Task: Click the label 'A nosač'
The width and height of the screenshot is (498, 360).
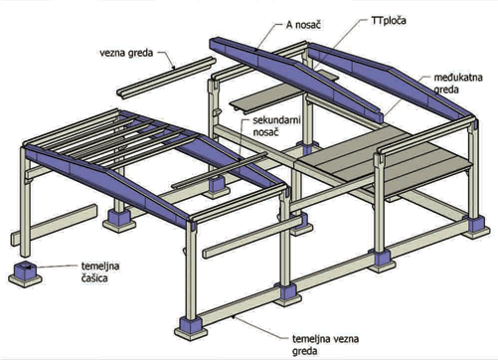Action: pyautogui.click(x=303, y=25)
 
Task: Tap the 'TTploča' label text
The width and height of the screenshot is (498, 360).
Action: pyautogui.click(x=388, y=21)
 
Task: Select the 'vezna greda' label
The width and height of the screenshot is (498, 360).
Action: pyautogui.click(x=126, y=53)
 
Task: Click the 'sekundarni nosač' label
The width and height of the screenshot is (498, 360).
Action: pyautogui.click(x=276, y=125)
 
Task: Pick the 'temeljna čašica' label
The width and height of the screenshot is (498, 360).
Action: pyautogui.click(x=100, y=271)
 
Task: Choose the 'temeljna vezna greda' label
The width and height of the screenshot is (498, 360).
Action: pyautogui.click(x=325, y=345)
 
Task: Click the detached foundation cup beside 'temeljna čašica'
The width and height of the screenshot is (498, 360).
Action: pyautogui.click(x=25, y=273)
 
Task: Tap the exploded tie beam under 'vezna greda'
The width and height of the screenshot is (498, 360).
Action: pyautogui.click(x=167, y=78)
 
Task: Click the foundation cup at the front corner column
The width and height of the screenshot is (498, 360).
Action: pyautogui.click(x=190, y=327)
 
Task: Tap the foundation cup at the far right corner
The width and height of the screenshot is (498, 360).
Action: pyautogui.click(x=476, y=227)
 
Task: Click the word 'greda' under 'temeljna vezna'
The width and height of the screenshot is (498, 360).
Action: pyautogui.click(x=305, y=351)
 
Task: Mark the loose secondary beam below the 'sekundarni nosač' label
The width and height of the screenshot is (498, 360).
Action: pyautogui.click(x=220, y=170)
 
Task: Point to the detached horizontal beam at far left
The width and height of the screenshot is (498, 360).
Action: pyautogui.click(x=54, y=225)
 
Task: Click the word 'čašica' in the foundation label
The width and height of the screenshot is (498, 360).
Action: pyautogui.click(x=94, y=277)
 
